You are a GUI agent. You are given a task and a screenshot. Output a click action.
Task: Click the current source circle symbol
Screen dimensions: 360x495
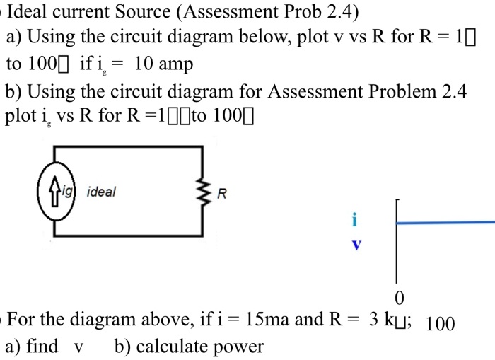pos(54,192)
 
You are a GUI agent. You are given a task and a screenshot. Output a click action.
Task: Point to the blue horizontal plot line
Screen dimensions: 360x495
pos(445,222)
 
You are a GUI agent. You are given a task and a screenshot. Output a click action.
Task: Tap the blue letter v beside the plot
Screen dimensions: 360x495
pos(356,246)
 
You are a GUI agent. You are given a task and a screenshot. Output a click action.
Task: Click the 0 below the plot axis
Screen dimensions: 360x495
pos(400,296)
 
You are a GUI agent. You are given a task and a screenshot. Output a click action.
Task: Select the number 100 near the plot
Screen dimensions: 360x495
pos(440,325)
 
